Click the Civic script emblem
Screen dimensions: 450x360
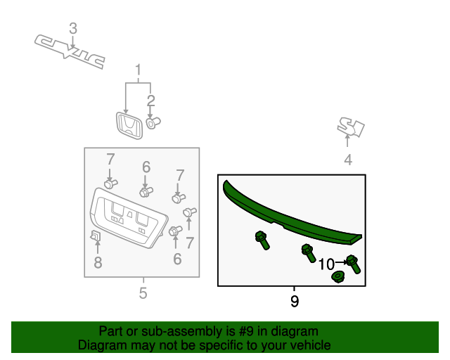[x=70, y=51]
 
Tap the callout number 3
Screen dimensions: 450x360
[x=73, y=29]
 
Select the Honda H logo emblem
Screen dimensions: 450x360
[x=129, y=126]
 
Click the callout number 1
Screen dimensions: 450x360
[x=138, y=70]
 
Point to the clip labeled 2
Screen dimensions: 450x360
[x=153, y=123]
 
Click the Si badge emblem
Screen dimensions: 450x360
[x=351, y=127]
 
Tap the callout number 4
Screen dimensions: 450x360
[x=348, y=160]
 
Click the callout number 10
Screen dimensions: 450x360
[x=326, y=264]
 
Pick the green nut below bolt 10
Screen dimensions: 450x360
[x=337, y=277]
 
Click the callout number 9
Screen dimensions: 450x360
[x=295, y=301]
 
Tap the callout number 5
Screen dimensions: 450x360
[x=143, y=293]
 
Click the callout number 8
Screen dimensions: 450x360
[x=98, y=262]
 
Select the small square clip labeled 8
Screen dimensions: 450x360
[x=96, y=236]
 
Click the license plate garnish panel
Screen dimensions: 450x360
[x=128, y=218]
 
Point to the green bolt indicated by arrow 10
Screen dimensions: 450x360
[x=354, y=264]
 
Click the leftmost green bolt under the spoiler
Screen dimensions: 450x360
[x=262, y=240]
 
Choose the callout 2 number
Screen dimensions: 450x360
[x=150, y=101]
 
